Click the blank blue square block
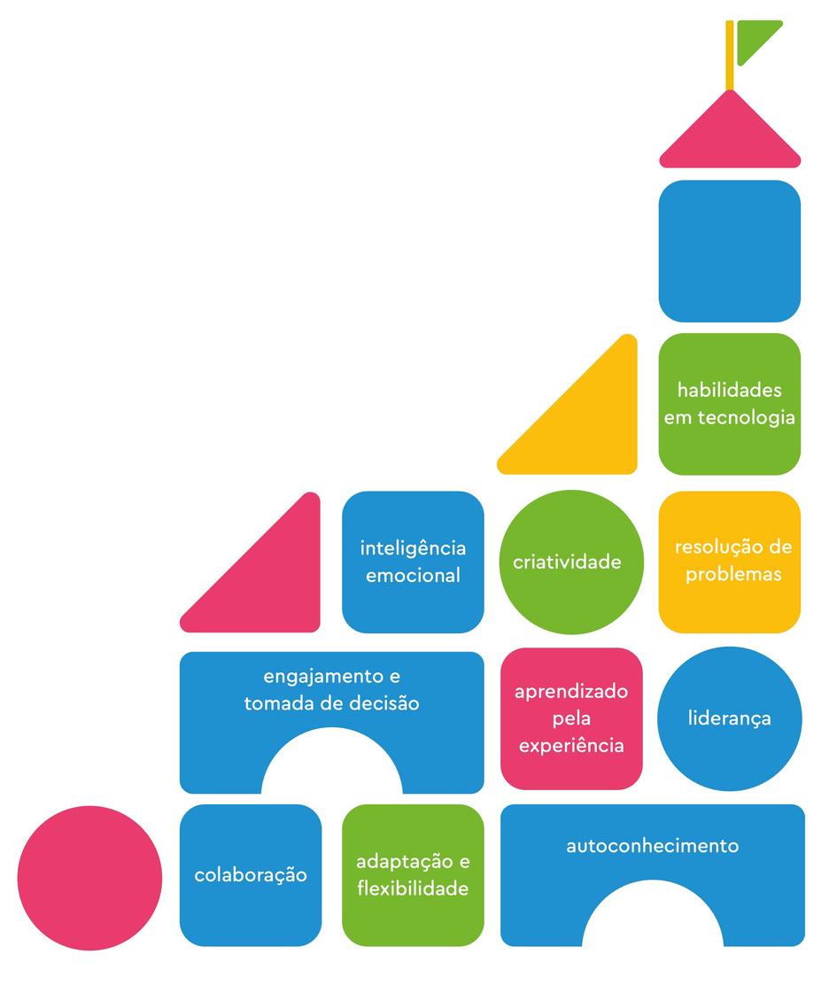729,251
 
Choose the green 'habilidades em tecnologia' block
729,404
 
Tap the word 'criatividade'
567,562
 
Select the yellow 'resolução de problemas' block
729,562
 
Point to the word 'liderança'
729,717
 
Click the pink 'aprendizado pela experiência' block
571,718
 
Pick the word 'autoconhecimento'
652,845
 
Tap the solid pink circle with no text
89,877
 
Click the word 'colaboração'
251,875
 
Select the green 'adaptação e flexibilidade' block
413,875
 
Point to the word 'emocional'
413,576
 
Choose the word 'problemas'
733,574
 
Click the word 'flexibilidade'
413,888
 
